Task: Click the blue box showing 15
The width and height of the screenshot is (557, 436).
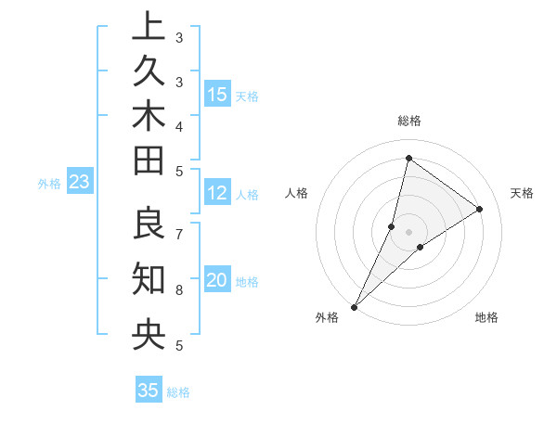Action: pyautogui.click(x=217, y=95)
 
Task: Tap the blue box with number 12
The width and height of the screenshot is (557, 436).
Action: pyautogui.click(x=217, y=193)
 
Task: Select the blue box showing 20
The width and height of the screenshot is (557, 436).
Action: pyautogui.click(x=217, y=281)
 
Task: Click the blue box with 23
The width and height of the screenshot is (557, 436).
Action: pyautogui.click(x=79, y=183)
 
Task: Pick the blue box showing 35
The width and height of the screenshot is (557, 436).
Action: pyautogui.click(x=149, y=391)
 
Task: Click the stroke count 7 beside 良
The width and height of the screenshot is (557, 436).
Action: pyautogui.click(x=179, y=234)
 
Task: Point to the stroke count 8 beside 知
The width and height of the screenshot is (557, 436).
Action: pyautogui.click(x=179, y=289)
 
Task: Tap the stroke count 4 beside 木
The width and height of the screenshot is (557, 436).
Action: pyautogui.click(x=179, y=126)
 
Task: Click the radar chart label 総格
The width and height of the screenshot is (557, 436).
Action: pyautogui.click(x=408, y=121)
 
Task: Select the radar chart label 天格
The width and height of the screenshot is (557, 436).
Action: pyautogui.click(x=522, y=193)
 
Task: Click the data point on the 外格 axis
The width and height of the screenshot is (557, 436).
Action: pyautogui.click(x=354, y=306)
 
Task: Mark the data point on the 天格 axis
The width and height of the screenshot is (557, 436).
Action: pyautogui.click(x=480, y=209)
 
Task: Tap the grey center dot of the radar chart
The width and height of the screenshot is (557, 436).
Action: pyautogui.click(x=408, y=232)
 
